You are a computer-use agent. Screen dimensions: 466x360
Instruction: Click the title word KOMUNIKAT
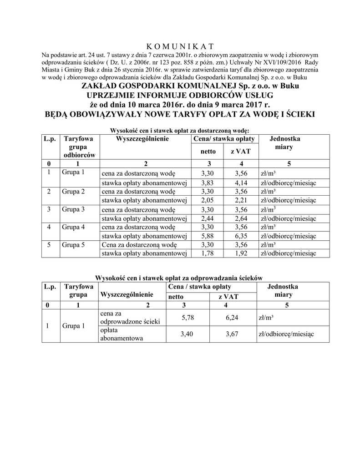(x=180, y=46)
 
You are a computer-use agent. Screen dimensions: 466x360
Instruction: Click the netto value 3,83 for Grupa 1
(x=208, y=183)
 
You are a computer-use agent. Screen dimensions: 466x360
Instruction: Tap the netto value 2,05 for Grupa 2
(x=208, y=201)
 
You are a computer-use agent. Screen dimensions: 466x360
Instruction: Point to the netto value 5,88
(x=208, y=236)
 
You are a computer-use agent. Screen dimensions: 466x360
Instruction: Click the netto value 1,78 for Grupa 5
(x=208, y=253)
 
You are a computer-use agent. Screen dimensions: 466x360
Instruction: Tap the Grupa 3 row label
(x=73, y=209)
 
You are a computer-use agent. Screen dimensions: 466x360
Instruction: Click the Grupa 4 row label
(x=73, y=227)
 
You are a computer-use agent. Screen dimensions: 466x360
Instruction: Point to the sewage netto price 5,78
(x=188, y=318)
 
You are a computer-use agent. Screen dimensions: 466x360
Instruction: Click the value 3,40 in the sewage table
(x=188, y=334)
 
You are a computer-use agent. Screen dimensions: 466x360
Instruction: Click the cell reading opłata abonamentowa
(x=122, y=334)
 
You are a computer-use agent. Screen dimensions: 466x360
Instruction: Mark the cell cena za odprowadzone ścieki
(x=130, y=318)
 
